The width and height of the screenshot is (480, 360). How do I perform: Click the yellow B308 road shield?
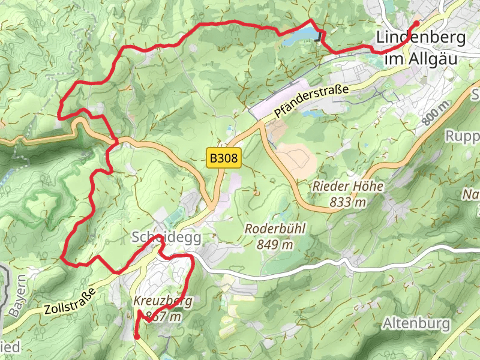click(x=224, y=159)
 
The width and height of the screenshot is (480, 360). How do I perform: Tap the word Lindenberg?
click(x=421, y=38)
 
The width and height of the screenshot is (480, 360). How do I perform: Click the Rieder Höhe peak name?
click(x=347, y=187)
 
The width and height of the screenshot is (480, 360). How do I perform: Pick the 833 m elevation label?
click(x=347, y=202)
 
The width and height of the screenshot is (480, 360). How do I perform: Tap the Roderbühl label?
click(x=275, y=229)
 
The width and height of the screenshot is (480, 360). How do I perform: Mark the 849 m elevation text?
click(x=275, y=244)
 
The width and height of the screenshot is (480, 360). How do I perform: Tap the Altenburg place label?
click(x=416, y=324)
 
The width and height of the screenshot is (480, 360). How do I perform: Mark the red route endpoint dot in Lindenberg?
click(x=416, y=23)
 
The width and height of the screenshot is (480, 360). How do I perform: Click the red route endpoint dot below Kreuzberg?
click(x=137, y=337)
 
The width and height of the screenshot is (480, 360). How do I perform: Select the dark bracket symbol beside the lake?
click(x=319, y=37)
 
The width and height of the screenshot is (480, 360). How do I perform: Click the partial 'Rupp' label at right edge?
click(x=462, y=136)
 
